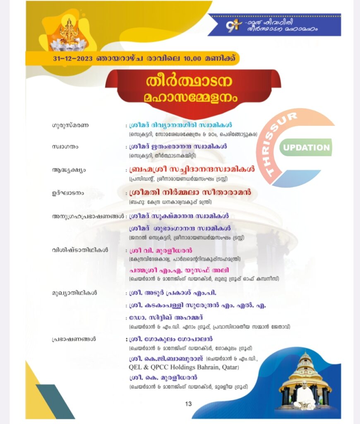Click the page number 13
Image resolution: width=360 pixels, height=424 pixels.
[x=188, y=404]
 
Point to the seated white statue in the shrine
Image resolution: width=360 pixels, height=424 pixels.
[x=304, y=395]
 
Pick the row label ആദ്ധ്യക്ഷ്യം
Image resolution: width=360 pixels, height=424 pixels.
[x=69, y=170]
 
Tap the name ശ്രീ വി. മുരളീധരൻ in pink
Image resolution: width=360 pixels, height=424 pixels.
[x=155, y=251]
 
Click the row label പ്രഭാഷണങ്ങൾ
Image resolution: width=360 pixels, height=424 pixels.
[x=74, y=339]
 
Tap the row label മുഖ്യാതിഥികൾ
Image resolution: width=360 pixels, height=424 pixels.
[x=74, y=293]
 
